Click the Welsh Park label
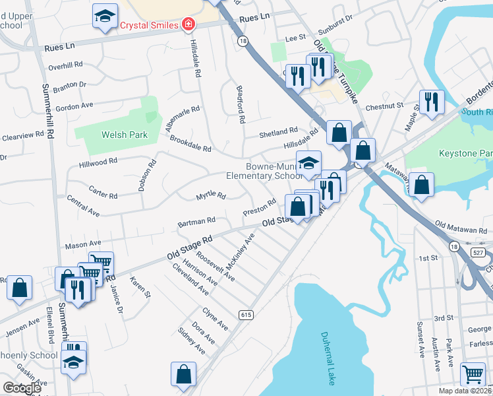pyautogui.click(x=124, y=135)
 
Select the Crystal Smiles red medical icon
pyautogui.click(x=188, y=25)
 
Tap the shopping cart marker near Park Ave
pyautogui.click(x=473, y=374)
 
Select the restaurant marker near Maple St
pyautogui.click(x=432, y=102)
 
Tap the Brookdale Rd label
pyautogui.click(x=190, y=144)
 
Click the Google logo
pyautogui.click(x=22, y=389)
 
